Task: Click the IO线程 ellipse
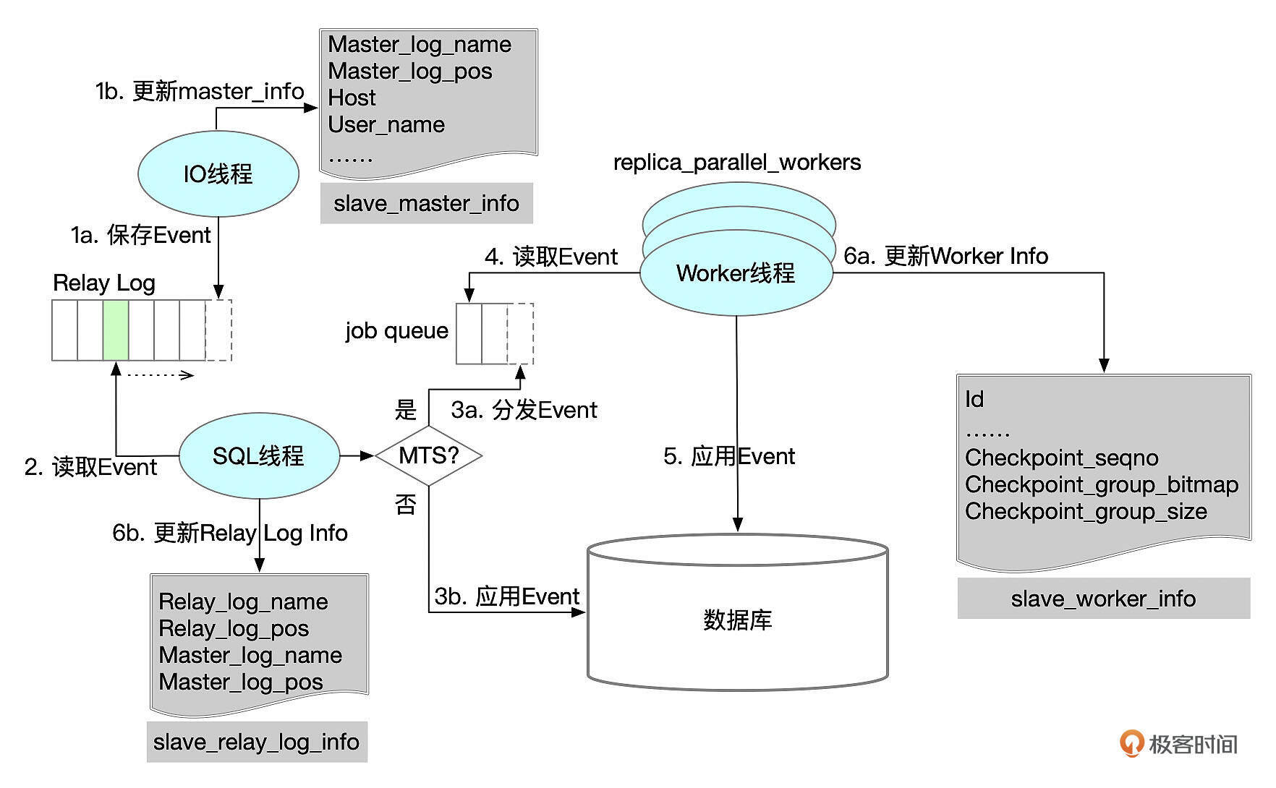218,174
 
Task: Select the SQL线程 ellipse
258,456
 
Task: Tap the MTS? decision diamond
429,455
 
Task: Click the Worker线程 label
735,273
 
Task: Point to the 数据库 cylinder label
737,620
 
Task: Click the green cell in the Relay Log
116,330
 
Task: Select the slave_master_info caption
426,204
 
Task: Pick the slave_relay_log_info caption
256,742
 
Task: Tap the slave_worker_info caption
1102,599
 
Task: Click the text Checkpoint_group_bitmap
1101,484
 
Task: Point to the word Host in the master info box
352,98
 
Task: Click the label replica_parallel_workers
736,163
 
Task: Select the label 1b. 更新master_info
199,91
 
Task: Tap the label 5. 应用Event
728,456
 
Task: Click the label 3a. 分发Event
524,410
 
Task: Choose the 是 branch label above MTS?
406,410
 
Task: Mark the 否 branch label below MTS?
406,505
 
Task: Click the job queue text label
396,330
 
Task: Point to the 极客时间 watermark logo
1178,744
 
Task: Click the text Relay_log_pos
233,628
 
